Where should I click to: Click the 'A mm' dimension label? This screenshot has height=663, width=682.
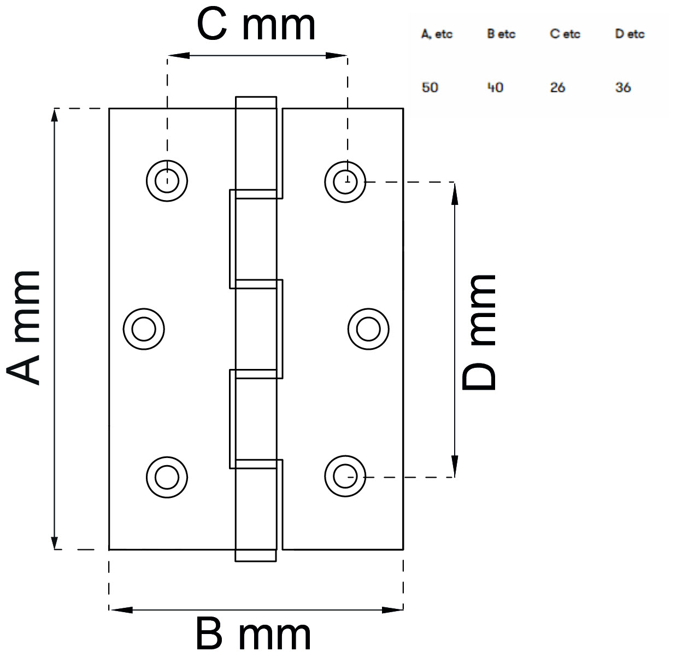(25, 328)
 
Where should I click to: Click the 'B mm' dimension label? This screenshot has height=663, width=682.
(254, 635)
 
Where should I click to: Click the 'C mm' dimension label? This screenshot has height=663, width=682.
(256, 26)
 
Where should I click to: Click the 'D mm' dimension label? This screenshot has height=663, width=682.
(479, 332)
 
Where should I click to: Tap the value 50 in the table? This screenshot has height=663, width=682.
(430, 87)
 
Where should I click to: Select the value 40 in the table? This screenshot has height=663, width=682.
(495, 87)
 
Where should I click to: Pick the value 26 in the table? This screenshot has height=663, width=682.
(557, 87)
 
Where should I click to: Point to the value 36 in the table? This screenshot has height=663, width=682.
(623, 87)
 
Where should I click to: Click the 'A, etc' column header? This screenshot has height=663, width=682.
(437, 34)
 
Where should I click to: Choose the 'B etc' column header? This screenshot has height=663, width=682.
(501, 34)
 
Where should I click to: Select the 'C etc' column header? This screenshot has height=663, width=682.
(565, 34)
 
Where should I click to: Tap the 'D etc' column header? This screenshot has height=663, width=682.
(630, 34)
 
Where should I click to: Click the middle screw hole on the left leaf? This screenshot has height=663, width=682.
(144, 329)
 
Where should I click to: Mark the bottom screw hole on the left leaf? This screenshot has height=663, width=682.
(167, 477)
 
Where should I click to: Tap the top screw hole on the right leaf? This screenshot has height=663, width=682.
(345, 180)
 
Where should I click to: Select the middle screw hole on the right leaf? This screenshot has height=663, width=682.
(368, 329)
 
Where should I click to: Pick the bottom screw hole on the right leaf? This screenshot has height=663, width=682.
(345, 477)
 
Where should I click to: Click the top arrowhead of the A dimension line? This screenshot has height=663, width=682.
(55, 116)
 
